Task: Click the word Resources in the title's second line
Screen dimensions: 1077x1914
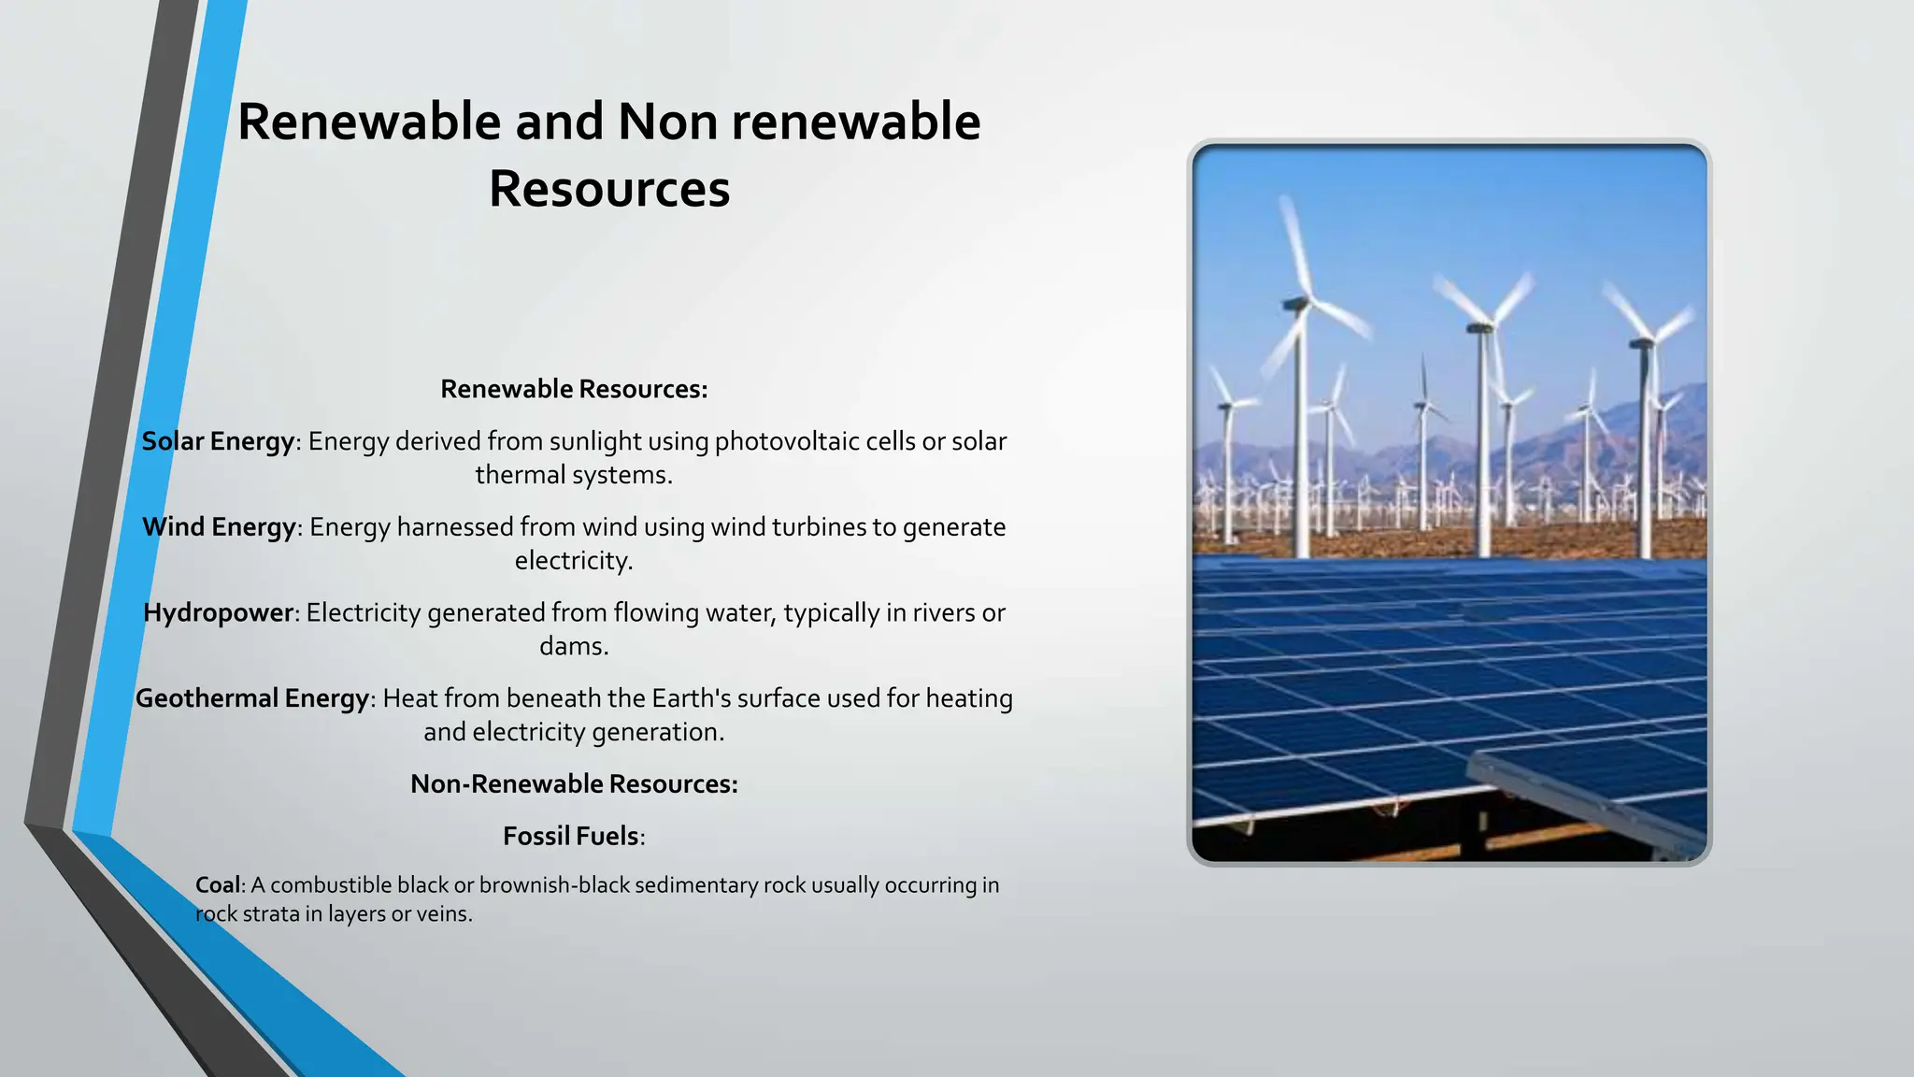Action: coord(608,189)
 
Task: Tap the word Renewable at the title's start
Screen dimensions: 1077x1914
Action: coord(369,122)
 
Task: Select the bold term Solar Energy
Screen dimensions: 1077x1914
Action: coord(218,441)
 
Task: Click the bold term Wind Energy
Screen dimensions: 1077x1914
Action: coord(219,527)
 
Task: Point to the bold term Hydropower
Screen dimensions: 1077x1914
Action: coord(219,613)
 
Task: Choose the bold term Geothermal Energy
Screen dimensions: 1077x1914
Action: coord(252,698)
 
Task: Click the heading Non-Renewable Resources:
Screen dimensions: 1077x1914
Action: coord(574,783)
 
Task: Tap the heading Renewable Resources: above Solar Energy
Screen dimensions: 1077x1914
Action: coord(574,389)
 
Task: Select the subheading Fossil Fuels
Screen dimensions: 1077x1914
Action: coord(571,836)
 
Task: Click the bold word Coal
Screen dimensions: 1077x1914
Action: coord(218,884)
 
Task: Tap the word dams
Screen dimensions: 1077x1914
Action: coord(573,646)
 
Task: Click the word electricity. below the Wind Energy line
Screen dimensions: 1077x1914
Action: coord(574,561)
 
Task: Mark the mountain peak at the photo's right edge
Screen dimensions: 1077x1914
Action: coord(1693,388)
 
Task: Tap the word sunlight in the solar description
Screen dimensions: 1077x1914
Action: coord(595,441)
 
